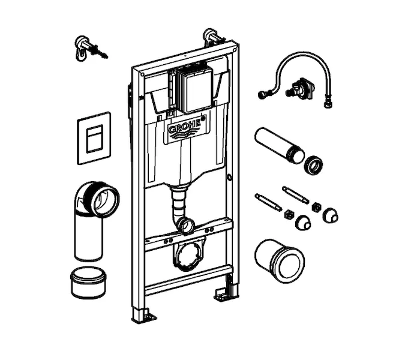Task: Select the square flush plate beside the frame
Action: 94,138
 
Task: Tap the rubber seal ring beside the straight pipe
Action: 314,165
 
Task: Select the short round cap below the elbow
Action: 88,282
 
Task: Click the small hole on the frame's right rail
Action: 229,178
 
